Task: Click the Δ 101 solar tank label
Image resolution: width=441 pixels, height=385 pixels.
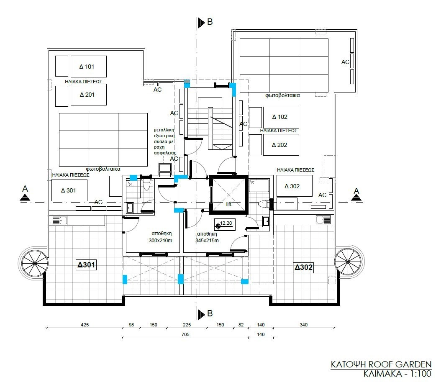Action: [87, 67]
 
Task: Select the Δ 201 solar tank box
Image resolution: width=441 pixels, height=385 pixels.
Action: [89, 95]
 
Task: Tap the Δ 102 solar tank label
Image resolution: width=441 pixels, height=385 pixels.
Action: [280, 117]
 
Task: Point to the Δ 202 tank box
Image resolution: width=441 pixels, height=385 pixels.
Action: [281, 145]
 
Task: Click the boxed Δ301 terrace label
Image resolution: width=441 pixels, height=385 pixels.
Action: [86, 265]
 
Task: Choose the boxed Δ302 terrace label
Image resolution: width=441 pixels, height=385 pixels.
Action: [303, 267]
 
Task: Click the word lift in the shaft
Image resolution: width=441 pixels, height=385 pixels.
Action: [228, 204]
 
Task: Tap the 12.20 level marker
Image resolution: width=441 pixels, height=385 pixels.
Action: [224, 224]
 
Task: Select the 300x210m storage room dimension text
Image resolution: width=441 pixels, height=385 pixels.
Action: [160, 241]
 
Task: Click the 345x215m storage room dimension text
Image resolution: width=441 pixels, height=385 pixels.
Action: [207, 241]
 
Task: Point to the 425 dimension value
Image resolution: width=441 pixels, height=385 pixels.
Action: [85, 325]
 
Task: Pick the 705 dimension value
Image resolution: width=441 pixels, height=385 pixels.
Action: [185, 334]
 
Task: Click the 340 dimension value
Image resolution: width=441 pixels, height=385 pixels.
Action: [304, 325]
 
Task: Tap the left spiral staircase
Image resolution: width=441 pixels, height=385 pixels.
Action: [34, 264]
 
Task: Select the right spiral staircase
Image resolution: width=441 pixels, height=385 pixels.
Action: [349, 261]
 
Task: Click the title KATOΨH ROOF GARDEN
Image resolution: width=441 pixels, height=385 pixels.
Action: [381, 364]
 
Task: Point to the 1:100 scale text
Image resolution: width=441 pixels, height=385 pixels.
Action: [420, 374]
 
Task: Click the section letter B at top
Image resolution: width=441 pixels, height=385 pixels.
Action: [210, 22]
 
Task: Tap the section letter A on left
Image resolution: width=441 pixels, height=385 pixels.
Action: [25, 188]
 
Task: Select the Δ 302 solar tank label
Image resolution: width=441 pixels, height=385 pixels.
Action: [292, 186]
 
